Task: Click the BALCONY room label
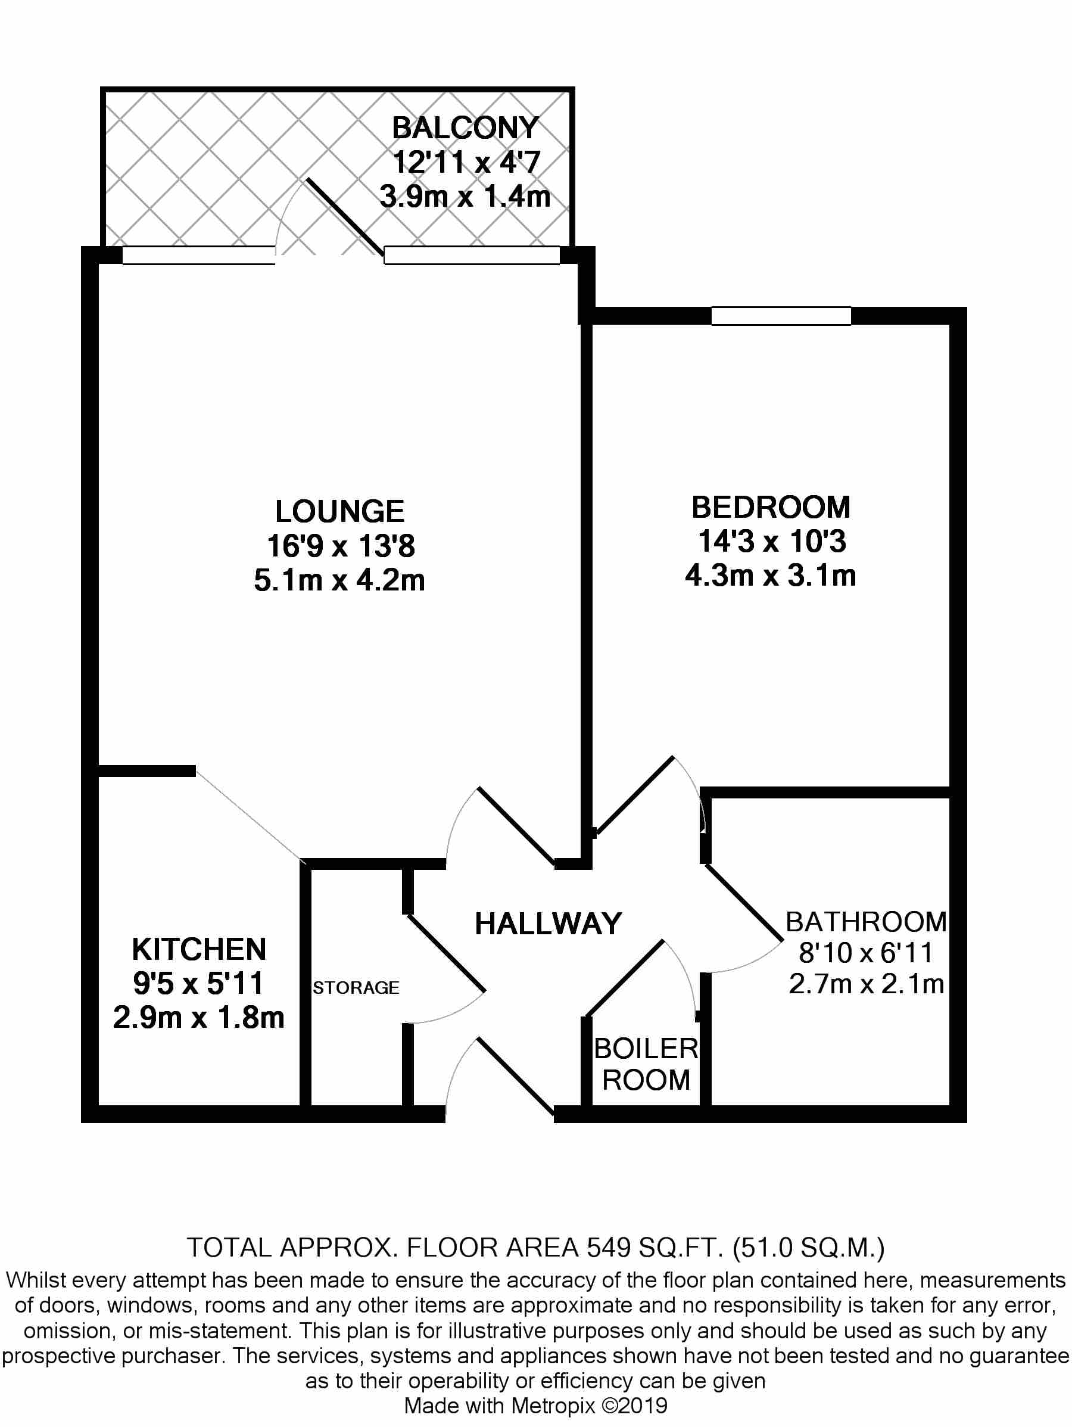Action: (465, 128)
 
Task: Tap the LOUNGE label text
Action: (340, 512)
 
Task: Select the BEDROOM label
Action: (771, 507)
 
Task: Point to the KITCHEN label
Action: (199, 950)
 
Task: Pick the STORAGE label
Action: (356, 988)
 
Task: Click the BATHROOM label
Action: (867, 922)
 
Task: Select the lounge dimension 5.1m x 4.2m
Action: (339, 580)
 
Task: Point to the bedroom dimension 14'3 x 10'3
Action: (771, 541)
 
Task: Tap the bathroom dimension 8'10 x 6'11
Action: (867, 953)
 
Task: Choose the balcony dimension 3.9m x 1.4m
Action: (465, 196)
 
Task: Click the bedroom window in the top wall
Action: (781, 315)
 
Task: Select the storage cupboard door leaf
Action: (445, 953)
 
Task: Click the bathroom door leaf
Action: (744, 902)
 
